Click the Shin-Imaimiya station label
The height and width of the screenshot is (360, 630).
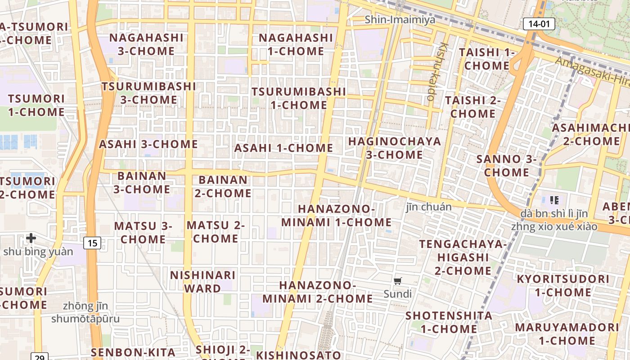point(400,19)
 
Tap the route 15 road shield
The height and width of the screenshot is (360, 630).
point(92,243)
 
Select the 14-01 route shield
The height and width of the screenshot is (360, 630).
point(539,24)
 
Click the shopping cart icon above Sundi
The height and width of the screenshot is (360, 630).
point(397,281)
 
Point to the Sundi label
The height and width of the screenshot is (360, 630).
point(397,294)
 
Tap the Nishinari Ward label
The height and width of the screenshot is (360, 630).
point(202,281)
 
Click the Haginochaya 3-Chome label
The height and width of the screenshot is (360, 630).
point(394,148)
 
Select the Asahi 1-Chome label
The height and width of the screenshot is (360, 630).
point(283,148)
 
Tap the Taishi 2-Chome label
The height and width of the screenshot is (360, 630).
point(472,107)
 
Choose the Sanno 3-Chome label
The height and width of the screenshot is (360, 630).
point(506,165)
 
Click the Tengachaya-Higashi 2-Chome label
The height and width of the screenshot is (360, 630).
point(463,257)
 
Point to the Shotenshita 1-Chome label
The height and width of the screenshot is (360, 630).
point(448,322)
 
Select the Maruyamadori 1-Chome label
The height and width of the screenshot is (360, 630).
point(567,333)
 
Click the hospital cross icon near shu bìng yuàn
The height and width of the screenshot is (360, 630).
point(31,238)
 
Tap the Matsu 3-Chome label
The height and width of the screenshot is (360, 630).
point(143,232)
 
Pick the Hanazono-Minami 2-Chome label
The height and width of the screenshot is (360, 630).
point(317,292)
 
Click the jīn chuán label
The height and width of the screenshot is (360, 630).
point(428,207)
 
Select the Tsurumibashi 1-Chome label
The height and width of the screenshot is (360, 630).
point(299,98)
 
